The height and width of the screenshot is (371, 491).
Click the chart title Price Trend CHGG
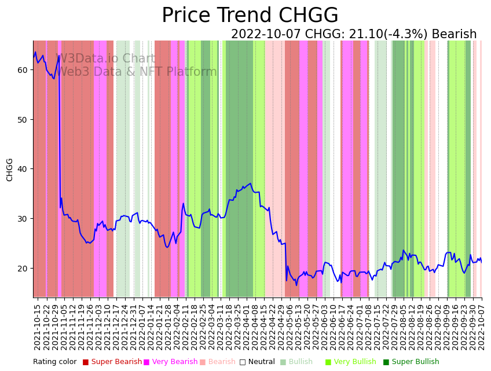(x=250, y=16)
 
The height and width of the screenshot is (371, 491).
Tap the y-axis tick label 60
(x=23, y=70)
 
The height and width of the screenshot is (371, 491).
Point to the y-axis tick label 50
(x=23, y=120)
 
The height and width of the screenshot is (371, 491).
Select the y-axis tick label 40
(x=23, y=169)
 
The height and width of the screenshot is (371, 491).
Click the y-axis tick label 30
(x=23, y=219)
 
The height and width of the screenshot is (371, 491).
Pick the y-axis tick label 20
(x=23, y=269)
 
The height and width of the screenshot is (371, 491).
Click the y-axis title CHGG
(x=10, y=170)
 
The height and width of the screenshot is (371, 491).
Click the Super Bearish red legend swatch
(x=86, y=362)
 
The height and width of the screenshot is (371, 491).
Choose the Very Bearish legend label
(x=175, y=362)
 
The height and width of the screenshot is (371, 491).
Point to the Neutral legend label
(x=262, y=362)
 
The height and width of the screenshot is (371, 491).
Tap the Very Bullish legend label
(x=355, y=362)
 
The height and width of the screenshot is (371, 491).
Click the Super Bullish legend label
(x=415, y=362)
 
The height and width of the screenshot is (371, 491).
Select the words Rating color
(x=54, y=362)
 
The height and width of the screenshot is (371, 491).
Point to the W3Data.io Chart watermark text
(x=105, y=59)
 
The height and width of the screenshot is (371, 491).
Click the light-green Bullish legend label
(x=301, y=362)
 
